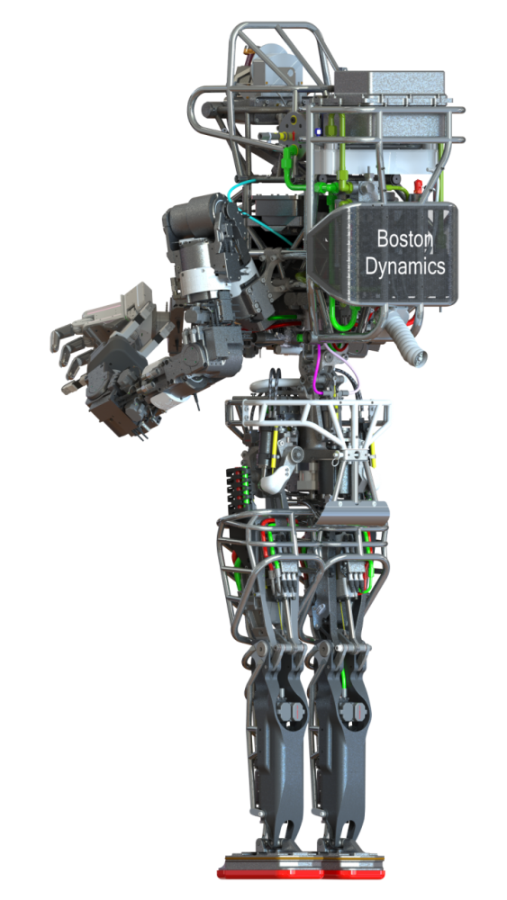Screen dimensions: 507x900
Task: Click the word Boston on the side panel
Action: [x=403, y=238]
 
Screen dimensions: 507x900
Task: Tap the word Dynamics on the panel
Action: [x=405, y=265]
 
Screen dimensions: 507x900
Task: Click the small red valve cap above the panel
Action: [x=418, y=186]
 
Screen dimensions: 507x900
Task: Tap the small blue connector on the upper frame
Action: [x=318, y=132]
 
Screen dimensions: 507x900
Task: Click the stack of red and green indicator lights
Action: [x=236, y=489]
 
